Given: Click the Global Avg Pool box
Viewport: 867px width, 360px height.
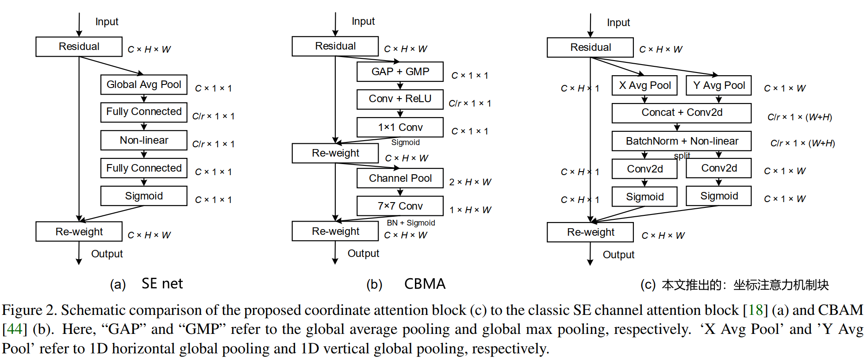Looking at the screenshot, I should click(144, 84).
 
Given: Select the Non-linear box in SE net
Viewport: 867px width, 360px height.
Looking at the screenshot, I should click(144, 140).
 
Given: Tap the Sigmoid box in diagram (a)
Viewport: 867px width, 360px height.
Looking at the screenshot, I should click(144, 196).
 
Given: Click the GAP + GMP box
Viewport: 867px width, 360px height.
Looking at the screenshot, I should click(400, 72).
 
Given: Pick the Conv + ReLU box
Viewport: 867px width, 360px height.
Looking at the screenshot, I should click(400, 99).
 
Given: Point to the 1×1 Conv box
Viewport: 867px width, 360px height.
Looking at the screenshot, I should click(400, 127).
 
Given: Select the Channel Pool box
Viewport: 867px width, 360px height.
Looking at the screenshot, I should click(400, 178).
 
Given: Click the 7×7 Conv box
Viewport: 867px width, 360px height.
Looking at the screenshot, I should click(400, 206).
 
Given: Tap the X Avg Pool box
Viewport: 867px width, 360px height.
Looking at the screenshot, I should click(644, 85).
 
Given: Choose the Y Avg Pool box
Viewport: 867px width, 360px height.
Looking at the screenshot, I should click(719, 85).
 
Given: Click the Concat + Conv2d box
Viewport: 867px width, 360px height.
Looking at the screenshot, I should click(682, 113).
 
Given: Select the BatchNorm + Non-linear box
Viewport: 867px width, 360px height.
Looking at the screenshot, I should click(682, 141).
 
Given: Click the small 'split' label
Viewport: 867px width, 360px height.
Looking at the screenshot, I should click(682, 156).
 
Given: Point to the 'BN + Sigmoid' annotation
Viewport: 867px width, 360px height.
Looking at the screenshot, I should click(411, 223).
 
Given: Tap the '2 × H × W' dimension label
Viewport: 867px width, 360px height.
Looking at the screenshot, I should click(470, 182).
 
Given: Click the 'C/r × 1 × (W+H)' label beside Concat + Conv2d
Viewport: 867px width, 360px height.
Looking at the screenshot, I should click(800, 117).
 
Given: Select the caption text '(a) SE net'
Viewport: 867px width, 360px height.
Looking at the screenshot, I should click(146, 284).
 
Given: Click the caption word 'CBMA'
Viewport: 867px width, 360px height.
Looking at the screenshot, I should click(425, 284).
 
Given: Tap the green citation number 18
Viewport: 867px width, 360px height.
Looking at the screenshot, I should click(756, 310).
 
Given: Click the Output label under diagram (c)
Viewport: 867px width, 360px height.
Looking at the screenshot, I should click(618, 255).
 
